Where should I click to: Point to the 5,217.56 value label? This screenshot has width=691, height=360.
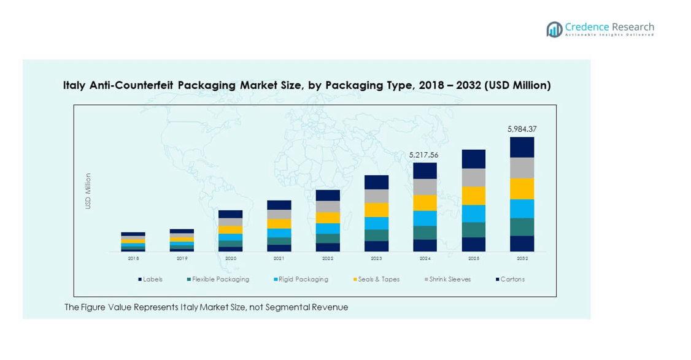[424, 155]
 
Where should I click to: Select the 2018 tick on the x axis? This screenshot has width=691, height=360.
[133, 259]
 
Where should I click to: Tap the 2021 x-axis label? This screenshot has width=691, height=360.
[279, 259]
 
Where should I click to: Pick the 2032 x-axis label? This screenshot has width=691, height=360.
[522, 259]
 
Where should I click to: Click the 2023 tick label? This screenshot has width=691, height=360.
[376, 259]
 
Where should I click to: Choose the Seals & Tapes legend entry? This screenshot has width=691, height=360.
[377, 280]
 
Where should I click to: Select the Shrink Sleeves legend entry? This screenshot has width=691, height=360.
[450, 280]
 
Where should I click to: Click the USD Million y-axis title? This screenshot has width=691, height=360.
[88, 191]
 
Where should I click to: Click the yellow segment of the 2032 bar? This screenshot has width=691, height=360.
[522, 189]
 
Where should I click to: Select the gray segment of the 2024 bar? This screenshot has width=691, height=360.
[425, 187]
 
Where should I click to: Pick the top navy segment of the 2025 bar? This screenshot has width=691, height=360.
[473, 159]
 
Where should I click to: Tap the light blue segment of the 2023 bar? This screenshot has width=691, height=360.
[376, 223]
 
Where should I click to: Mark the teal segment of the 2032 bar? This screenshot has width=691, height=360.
[522, 227]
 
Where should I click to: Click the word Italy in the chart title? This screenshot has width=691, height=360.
[75, 86]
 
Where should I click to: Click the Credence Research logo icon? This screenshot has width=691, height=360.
[554, 29]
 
